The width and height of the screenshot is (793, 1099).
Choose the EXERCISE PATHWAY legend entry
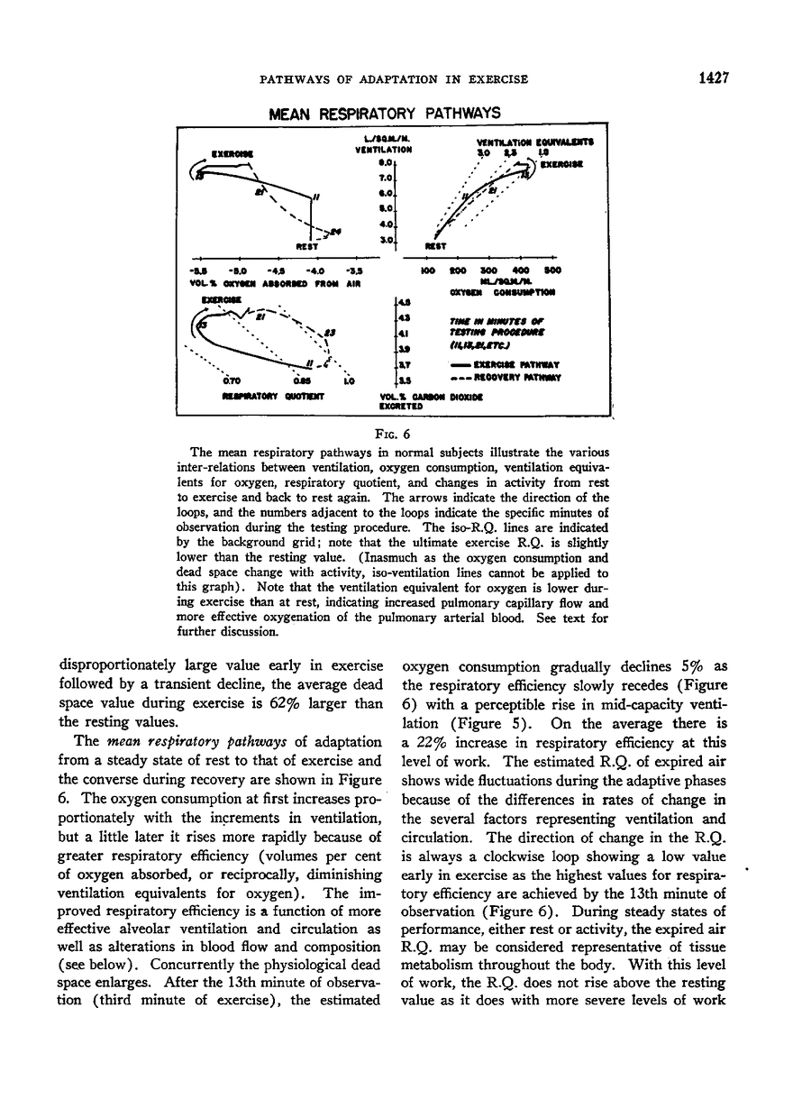tap(511, 363)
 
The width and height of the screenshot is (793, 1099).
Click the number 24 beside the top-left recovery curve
tap(335, 231)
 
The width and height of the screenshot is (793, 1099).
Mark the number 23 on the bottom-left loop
tap(330, 334)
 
